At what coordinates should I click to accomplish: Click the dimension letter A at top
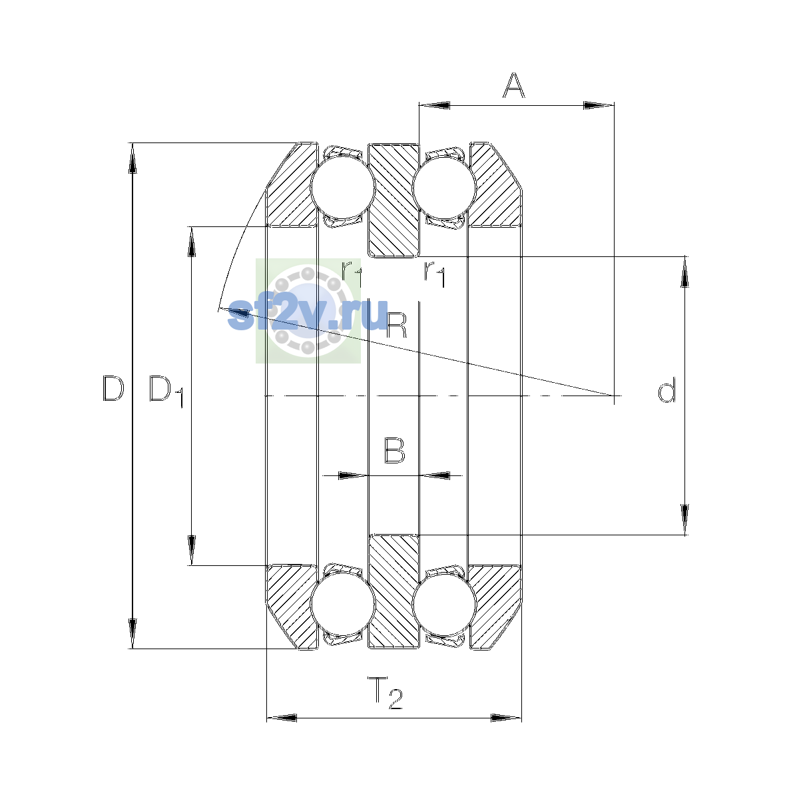(513, 85)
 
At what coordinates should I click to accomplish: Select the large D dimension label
(113, 388)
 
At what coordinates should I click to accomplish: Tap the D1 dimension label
(166, 391)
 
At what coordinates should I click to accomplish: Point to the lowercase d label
(666, 390)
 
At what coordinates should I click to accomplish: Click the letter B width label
(394, 450)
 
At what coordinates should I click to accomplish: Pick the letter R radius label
(396, 325)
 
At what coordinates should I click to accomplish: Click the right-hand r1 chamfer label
(435, 274)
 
